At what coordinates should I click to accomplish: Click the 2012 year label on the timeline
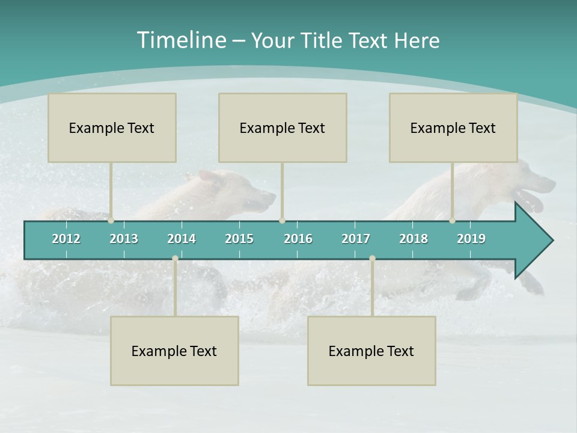click(66, 239)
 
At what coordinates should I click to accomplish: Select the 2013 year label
click(124, 239)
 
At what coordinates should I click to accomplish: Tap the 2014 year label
click(182, 239)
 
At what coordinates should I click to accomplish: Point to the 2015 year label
click(239, 239)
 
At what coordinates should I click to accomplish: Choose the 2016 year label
click(298, 239)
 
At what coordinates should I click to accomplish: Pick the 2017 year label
click(356, 239)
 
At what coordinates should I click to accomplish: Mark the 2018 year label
click(414, 239)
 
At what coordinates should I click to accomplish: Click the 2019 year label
click(471, 239)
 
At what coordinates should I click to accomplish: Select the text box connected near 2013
click(112, 127)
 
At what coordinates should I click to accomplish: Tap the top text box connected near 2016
click(282, 127)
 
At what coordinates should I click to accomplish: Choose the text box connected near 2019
click(453, 127)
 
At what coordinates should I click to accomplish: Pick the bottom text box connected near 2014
click(174, 351)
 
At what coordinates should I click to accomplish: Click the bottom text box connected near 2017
click(371, 351)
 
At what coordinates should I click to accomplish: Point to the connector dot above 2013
click(111, 221)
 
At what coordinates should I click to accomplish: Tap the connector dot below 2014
click(175, 259)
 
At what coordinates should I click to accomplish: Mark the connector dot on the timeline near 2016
click(282, 221)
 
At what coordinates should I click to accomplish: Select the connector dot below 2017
click(372, 259)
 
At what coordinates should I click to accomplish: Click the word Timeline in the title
click(181, 40)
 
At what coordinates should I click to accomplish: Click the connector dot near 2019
click(452, 221)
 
